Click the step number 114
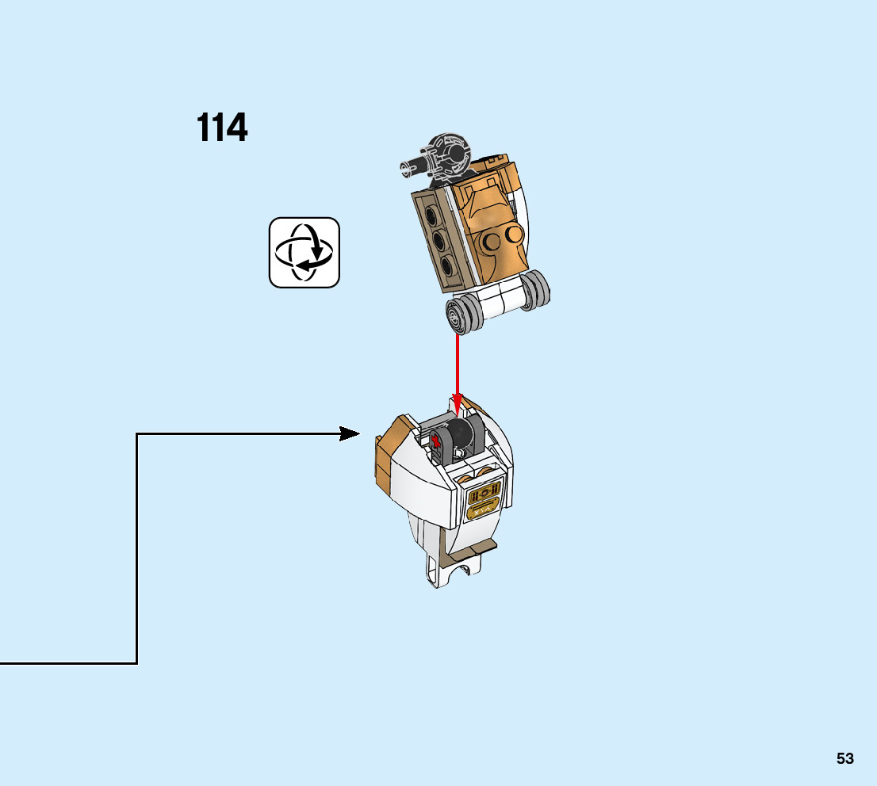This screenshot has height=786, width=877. [x=222, y=128]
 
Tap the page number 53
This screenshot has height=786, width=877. [x=844, y=758]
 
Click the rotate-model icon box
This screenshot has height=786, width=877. [x=304, y=252]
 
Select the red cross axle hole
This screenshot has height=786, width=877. [x=436, y=441]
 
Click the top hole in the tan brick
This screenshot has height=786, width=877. [x=429, y=215]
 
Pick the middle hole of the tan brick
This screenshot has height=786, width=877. [x=438, y=240]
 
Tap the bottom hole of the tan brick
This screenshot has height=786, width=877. [x=448, y=265]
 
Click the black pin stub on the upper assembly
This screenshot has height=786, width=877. [x=413, y=165]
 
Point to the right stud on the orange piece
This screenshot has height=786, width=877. [x=514, y=234]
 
